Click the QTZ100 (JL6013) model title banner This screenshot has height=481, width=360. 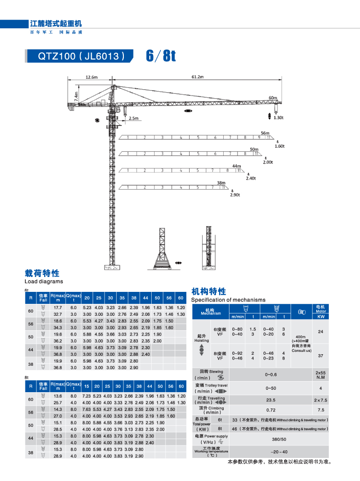80,56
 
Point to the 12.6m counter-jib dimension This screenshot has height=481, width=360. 91,77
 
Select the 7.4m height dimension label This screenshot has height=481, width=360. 76,96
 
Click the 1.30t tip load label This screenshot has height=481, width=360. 279,117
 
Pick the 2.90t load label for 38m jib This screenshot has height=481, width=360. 234,195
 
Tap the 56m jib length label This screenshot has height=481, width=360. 265,132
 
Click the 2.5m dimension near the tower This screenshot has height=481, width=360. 133,118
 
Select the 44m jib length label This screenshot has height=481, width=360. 236,166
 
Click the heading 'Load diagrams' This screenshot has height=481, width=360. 44,282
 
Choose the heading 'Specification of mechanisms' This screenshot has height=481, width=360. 228,300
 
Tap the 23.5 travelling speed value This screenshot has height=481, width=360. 271,399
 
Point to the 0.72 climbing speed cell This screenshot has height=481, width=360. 271,410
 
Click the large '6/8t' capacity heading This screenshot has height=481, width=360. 161,56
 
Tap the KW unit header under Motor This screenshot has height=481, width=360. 321,317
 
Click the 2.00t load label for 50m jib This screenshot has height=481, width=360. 267,162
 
